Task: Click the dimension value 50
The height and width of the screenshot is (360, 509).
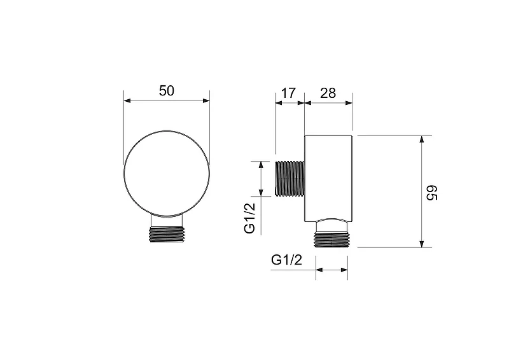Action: click(x=167, y=91)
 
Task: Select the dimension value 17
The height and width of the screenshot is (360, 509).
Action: click(x=288, y=93)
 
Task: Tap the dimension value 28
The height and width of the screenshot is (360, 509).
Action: click(x=328, y=93)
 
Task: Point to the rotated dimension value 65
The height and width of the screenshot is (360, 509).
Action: click(x=432, y=193)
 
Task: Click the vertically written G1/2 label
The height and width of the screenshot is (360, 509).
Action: click(x=250, y=218)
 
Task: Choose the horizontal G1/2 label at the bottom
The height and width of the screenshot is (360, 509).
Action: click(x=287, y=260)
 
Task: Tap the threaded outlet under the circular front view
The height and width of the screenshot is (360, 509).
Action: click(x=167, y=234)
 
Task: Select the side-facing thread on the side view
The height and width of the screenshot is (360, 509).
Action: click(x=290, y=179)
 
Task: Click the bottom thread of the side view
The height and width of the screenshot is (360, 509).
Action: click(x=331, y=240)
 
